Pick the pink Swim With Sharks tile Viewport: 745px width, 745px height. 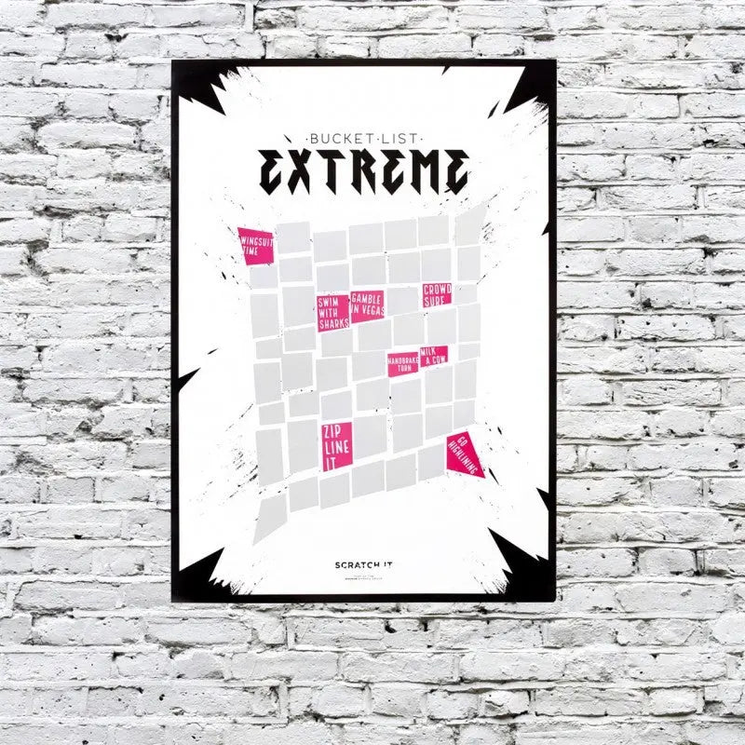coord(332,313)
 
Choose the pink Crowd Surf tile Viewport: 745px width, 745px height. coord(436,295)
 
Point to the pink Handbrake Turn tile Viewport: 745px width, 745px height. coord(403,363)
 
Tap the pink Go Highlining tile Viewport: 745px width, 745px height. coord(464,455)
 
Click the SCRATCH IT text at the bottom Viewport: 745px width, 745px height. coord(362,564)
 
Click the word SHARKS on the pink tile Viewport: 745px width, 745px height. coord(332,324)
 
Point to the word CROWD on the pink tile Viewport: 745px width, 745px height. coord(436,290)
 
